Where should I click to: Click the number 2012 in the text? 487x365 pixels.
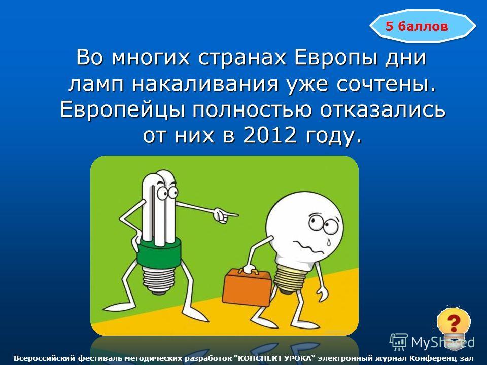tap(269, 135)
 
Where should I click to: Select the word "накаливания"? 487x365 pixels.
tap(205, 84)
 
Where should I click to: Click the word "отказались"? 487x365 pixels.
tap(382, 110)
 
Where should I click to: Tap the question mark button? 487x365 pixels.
tap(453, 323)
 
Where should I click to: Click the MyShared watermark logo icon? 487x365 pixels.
tap(399, 342)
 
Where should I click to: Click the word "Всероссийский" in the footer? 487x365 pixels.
tap(45, 359)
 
